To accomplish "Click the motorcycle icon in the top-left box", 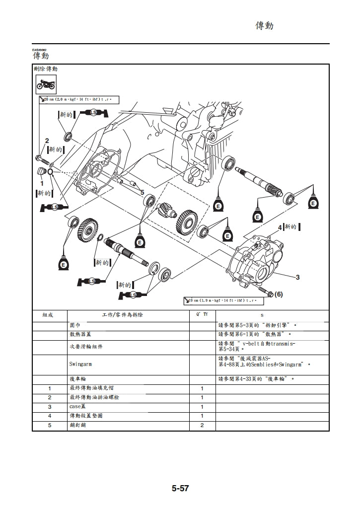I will (46, 85).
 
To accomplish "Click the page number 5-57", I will (180, 488).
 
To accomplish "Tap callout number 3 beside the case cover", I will (297, 277).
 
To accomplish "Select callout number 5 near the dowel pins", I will (142, 192).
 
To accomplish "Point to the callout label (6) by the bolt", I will (278, 294).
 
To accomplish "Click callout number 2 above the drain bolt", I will (47, 141).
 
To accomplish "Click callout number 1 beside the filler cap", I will (42, 183).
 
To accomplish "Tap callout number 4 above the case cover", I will (280, 227).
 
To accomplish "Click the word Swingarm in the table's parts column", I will (81, 364).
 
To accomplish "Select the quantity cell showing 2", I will (202, 426).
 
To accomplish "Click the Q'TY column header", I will (202, 315).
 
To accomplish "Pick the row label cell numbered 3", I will (50, 407).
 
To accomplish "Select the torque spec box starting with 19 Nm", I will (223, 301).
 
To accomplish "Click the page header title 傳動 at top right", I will (264, 25).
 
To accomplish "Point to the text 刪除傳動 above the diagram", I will (45, 69).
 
